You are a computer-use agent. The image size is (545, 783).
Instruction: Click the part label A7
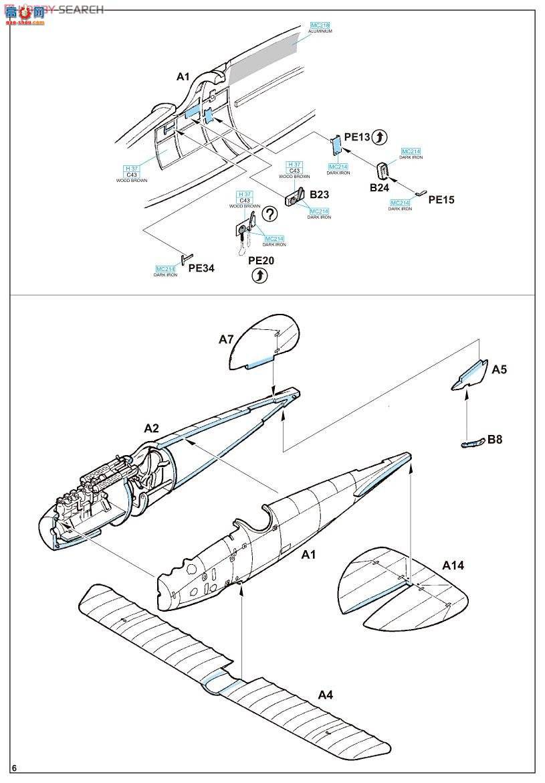[226, 340]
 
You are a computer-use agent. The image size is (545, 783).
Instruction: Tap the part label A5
[500, 369]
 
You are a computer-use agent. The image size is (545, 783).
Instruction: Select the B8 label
[495, 440]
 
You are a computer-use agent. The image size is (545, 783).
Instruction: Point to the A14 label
[453, 566]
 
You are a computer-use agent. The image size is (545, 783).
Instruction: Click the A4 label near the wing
[325, 695]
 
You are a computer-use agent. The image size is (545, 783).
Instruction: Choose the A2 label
[151, 428]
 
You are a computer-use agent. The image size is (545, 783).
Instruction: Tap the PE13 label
[358, 137]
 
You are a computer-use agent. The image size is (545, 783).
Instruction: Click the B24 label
[379, 188]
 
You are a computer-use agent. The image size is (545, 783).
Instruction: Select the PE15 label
[441, 199]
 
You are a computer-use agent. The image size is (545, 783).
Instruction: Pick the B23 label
[320, 195]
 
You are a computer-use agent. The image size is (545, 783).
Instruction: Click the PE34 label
[201, 268]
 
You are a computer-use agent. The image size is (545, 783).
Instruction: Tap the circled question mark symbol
[269, 214]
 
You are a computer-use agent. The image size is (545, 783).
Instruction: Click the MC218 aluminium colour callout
[321, 27]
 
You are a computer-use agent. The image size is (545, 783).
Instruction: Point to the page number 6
[13, 767]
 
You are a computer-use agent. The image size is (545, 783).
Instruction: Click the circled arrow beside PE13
[379, 137]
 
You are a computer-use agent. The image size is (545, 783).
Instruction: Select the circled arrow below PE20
[259, 276]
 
